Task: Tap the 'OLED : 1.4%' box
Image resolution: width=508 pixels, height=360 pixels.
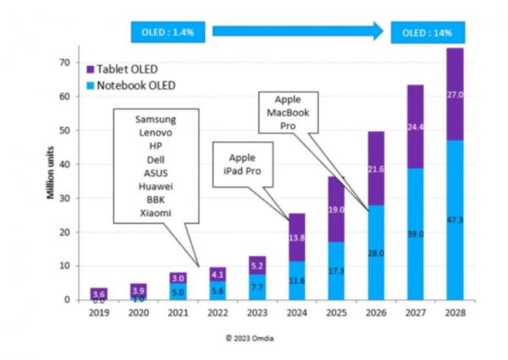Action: pos(167,33)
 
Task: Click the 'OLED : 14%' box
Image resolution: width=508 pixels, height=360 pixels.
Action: pos(427,33)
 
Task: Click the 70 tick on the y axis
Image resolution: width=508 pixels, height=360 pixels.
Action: pos(63,63)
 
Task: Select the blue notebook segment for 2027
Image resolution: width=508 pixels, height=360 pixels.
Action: pos(415,233)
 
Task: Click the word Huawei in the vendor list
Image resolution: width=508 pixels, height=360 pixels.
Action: pos(156,187)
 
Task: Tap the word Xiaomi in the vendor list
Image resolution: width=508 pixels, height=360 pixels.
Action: pos(156,213)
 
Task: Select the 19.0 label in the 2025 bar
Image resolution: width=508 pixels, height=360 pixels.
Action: pos(336,209)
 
